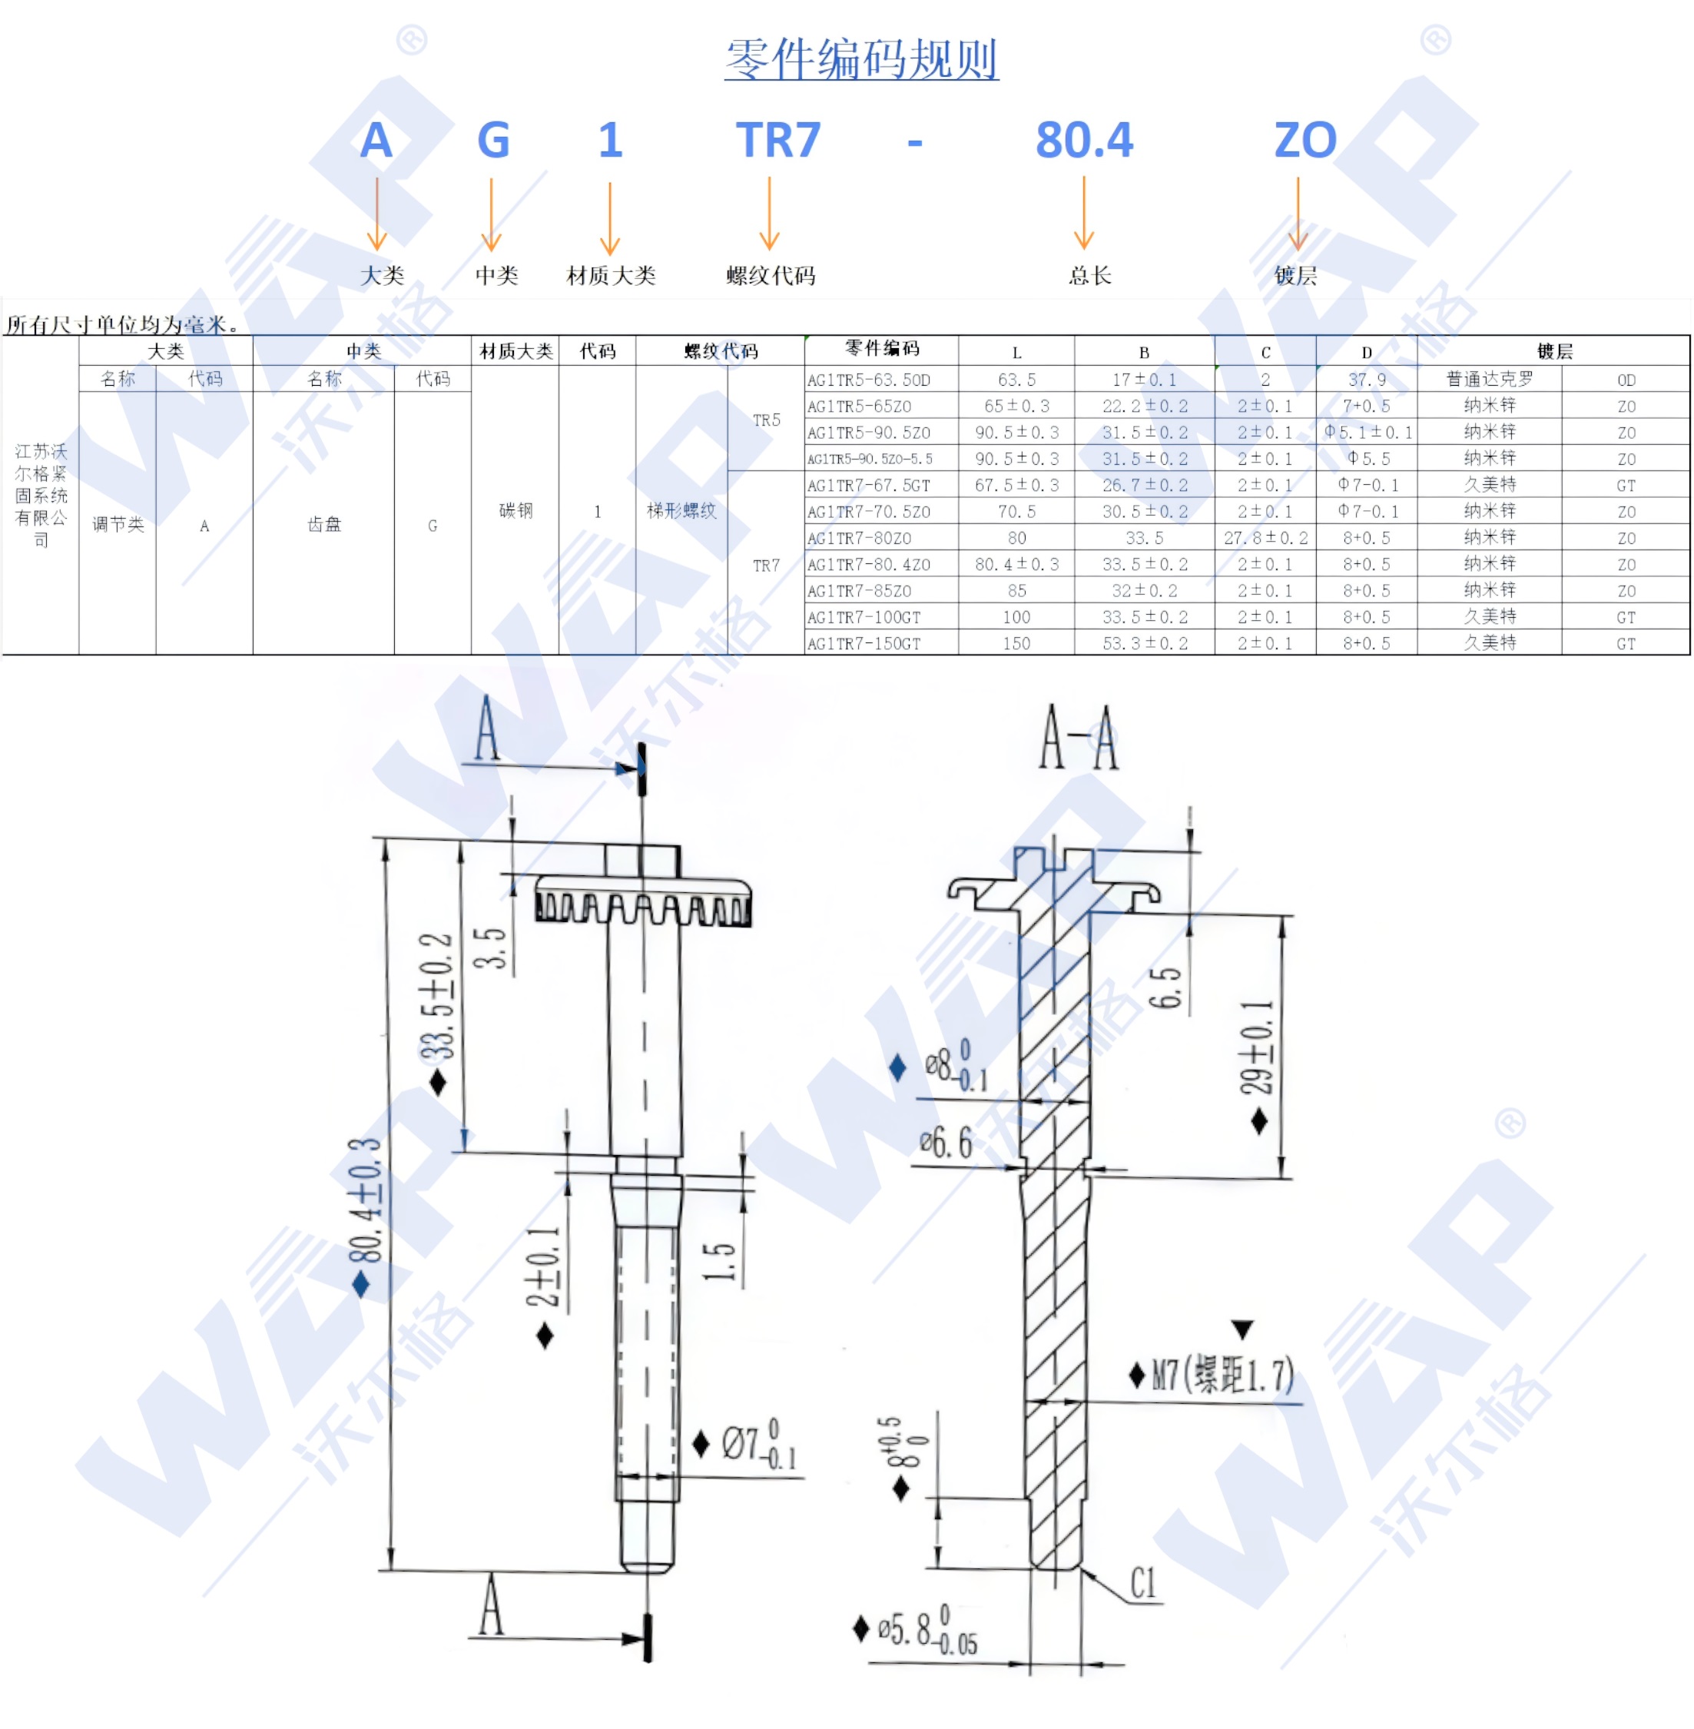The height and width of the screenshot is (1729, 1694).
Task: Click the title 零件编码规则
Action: tap(860, 58)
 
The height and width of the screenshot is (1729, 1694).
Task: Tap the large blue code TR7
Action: tap(777, 141)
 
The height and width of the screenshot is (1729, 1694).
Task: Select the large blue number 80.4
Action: tap(1084, 141)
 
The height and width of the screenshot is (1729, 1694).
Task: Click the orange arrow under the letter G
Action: tap(491, 214)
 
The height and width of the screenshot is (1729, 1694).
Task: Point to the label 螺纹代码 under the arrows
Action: tap(771, 276)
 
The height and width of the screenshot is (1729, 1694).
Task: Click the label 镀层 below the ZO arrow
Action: tap(1295, 276)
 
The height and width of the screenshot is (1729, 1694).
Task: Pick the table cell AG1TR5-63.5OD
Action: tap(869, 380)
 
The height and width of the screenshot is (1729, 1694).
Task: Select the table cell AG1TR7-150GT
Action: tap(864, 643)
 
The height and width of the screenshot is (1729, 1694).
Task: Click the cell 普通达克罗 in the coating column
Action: tap(1490, 379)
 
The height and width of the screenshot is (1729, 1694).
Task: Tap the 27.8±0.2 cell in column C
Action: tap(1265, 537)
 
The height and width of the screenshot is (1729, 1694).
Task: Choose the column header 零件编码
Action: tap(882, 349)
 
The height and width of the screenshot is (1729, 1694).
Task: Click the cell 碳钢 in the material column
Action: tap(515, 511)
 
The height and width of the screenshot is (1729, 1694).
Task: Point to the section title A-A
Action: tap(1079, 738)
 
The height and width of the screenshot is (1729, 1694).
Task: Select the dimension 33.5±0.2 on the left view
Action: tap(437, 997)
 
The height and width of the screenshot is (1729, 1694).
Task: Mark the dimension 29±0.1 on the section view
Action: tap(1256, 1047)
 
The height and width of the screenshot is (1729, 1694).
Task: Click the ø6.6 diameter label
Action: tap(946, 1142)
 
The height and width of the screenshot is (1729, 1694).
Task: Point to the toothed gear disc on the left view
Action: tap(642, 901)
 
